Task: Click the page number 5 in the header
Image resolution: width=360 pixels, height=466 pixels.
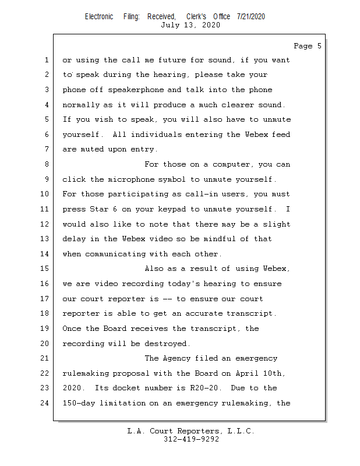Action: [x=319, y=46]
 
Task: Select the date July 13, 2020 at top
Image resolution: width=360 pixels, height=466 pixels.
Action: [x=190, y=25]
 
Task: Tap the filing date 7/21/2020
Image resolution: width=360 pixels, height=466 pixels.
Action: [x=251, y=16]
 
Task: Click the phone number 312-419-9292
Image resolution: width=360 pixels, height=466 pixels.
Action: [x=190, y=440]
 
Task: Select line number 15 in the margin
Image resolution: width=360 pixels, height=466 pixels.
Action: [x=46, y=269]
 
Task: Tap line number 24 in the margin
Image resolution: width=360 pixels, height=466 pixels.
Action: [x=46, y=403]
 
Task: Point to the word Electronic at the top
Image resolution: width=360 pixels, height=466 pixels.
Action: [x=99, y=16]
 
